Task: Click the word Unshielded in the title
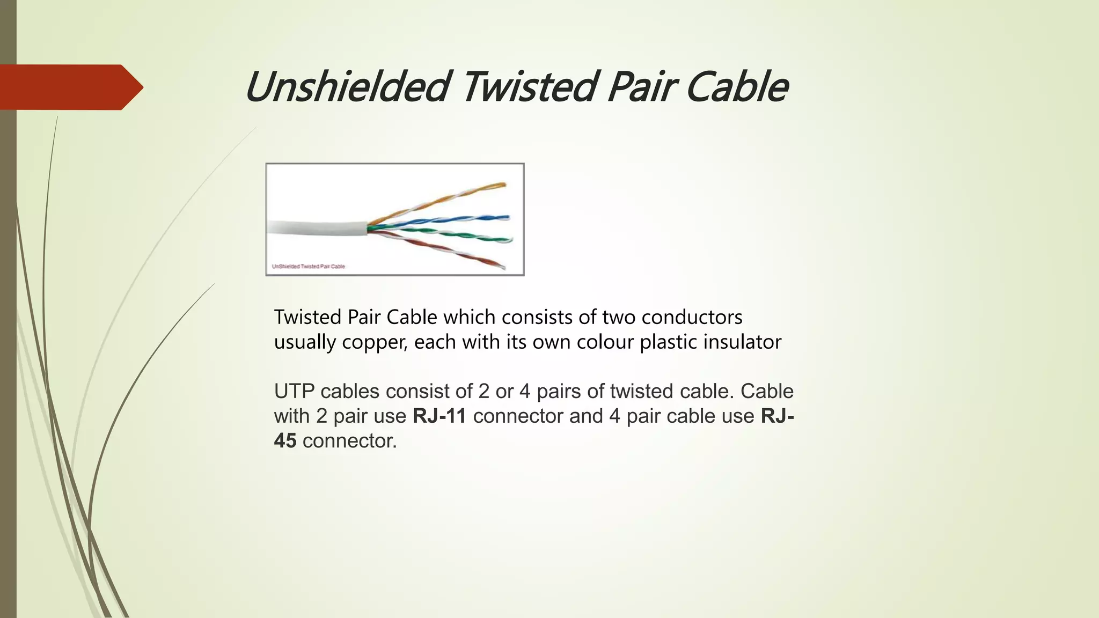tap(346, 87)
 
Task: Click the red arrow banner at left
tap(70, 87)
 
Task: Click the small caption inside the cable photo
tap(309, 266)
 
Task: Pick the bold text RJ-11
tap(439, 416)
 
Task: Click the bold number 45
tap(285, 441)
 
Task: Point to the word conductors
tap(692, 317)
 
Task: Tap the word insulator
tap(742, 342)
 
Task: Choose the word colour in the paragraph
tap(605, 342)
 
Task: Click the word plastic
tap(668, 342)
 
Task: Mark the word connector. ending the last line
tap(349, 441)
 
